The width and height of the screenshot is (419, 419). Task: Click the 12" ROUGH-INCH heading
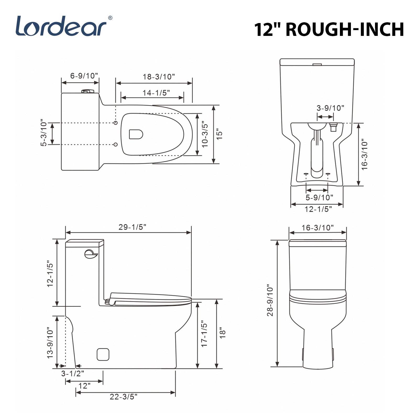329,29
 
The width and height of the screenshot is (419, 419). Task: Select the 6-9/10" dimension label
84,76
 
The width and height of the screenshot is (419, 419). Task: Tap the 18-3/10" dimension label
159,77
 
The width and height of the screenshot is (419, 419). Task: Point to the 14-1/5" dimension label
156,93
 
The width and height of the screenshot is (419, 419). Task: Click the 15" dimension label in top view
219,134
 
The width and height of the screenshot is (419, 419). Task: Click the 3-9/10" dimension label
330,108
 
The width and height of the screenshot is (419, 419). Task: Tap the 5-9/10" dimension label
319,197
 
